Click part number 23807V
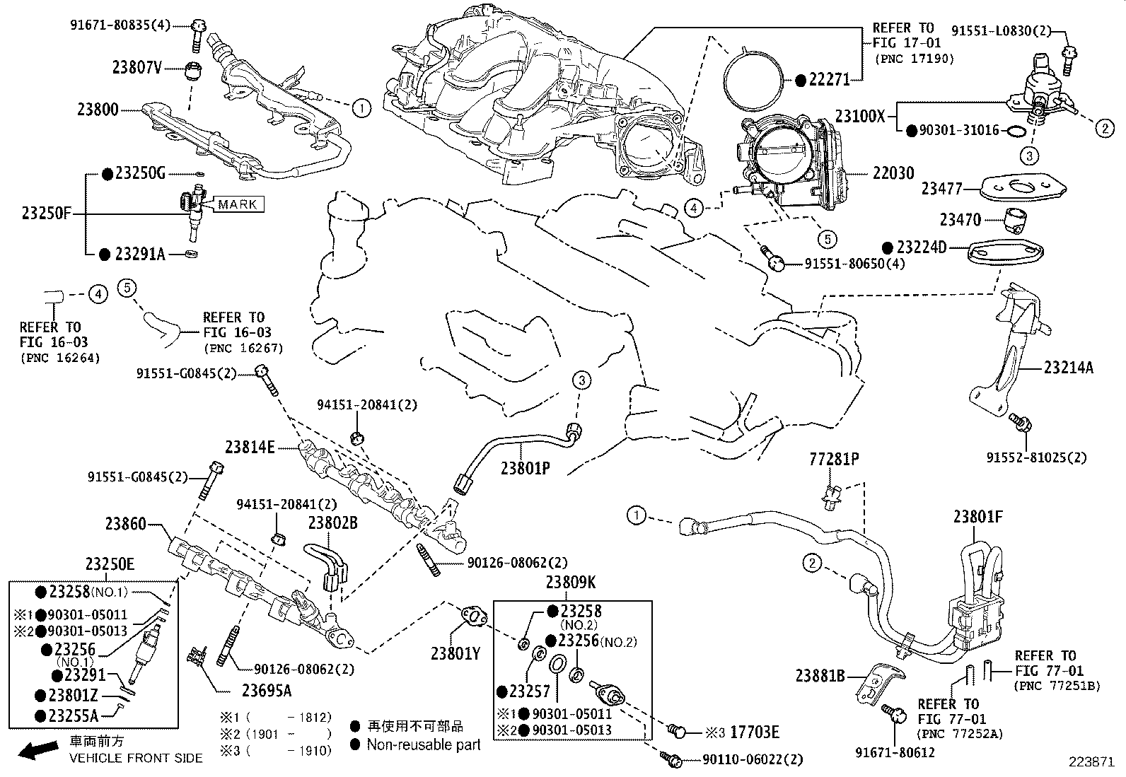click(x=137, y=68)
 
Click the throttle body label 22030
click(x=893, y=173)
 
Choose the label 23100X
click(x=859, y=116)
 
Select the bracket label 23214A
click(x=1068, y=368)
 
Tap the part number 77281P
click(x=834, y=460)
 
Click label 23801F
click(x=977, y=517)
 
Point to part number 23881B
click(x=820, y=677)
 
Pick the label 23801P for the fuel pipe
click(x=525, y=468)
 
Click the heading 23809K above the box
click(x=571, y=583)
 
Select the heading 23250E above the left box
click(x=110, y=564)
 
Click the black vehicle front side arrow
click(x=37, y=751)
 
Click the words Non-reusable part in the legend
click(x=424, y=744)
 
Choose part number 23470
click(x=960, y=221)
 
